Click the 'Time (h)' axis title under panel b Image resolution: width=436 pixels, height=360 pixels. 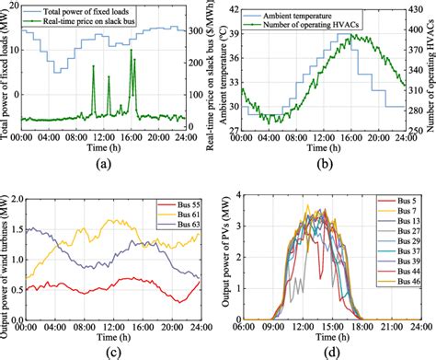click(322, 148)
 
